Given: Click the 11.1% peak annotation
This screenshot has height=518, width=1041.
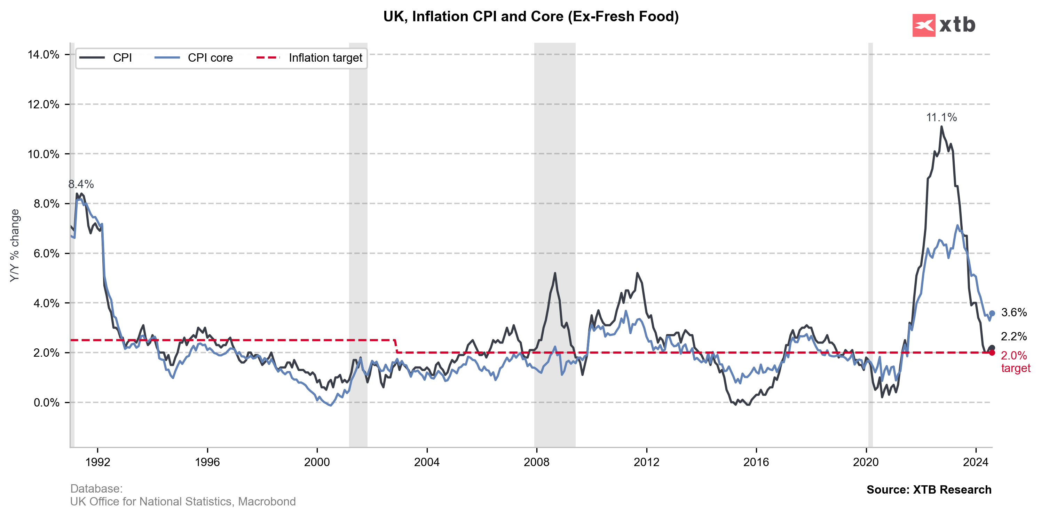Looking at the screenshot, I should point(941,118).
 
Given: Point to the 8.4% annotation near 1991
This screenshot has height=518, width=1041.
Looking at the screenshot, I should point(81,184).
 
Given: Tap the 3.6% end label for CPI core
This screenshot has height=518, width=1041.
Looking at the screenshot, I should point(1014,312).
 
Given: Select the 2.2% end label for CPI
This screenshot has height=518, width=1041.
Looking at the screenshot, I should point(1014,336).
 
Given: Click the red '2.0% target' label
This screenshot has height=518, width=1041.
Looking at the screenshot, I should point(1015,362).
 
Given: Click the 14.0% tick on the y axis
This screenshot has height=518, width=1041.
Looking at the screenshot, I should point(43,55).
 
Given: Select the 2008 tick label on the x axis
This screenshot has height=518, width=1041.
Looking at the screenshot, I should point(536,462).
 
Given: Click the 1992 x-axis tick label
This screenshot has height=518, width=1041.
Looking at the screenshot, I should point(97,462).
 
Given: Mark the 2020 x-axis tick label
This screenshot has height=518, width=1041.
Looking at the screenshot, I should point(866,462).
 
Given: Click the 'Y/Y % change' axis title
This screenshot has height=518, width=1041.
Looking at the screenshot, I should point(15,246).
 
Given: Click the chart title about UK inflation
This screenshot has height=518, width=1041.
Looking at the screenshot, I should point(531,17).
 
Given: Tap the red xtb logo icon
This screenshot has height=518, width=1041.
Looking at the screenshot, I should point(923,25).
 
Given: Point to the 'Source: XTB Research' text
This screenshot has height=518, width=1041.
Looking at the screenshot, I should point(929,490).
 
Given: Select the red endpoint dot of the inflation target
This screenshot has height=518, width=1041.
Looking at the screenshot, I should point(992,353).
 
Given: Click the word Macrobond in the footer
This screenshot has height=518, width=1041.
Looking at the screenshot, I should point(267,501).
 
